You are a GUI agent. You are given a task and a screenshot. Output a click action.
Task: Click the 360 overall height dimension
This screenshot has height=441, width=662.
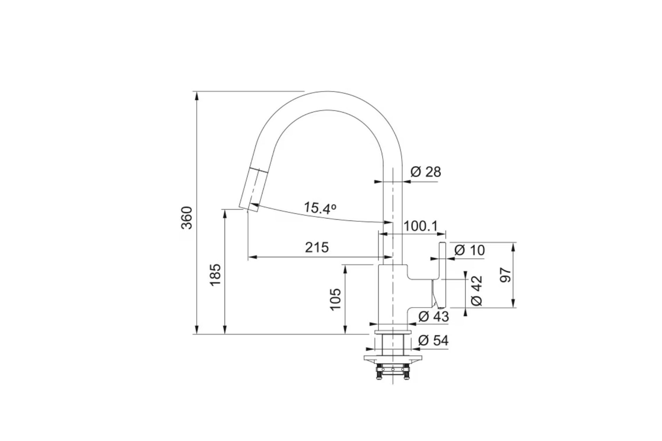[187, 218]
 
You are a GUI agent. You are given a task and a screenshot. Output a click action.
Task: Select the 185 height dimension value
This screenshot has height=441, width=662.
[215, 275]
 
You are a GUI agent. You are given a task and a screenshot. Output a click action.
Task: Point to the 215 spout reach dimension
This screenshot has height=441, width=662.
[317, 247]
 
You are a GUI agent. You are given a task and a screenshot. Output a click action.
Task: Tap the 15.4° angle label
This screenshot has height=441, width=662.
[320, 208]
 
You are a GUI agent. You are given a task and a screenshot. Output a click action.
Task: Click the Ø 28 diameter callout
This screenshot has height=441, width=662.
[426, 172]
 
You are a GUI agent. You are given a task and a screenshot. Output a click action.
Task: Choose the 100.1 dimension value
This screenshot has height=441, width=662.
[421, 226]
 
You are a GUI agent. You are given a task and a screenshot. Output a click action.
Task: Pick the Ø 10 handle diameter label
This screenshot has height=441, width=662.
[470, 250]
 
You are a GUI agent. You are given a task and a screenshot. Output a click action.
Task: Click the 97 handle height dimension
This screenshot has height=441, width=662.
[506, 275]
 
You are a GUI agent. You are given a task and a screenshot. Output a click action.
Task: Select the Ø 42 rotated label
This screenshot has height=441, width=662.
[477, 290]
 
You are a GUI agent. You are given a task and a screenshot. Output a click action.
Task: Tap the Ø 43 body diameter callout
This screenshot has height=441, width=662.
[434, 316]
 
